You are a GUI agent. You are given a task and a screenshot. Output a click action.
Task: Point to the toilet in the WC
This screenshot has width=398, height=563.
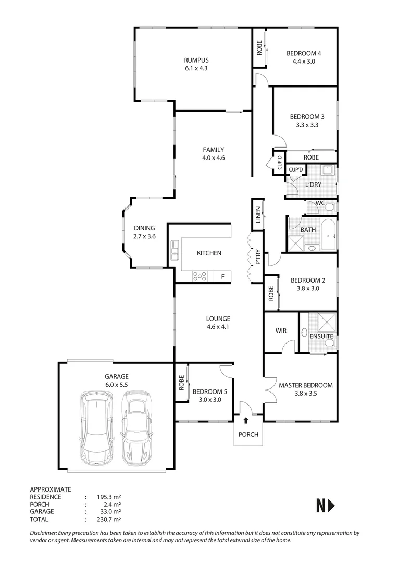pos(328,207)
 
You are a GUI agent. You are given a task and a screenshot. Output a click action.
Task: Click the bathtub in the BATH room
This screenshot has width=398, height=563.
pos(328,236)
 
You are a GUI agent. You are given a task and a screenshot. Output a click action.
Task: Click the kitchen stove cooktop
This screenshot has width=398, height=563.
pos(200,276)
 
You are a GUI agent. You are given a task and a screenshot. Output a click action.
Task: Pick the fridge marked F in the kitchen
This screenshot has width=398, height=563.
pos(222,276)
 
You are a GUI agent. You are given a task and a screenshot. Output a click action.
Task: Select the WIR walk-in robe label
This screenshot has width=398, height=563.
pos(281,331)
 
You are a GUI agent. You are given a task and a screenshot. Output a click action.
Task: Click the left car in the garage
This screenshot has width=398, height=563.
pos(97,428)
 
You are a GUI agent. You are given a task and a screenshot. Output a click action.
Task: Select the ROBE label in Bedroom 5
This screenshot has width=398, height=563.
pos(181,383)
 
